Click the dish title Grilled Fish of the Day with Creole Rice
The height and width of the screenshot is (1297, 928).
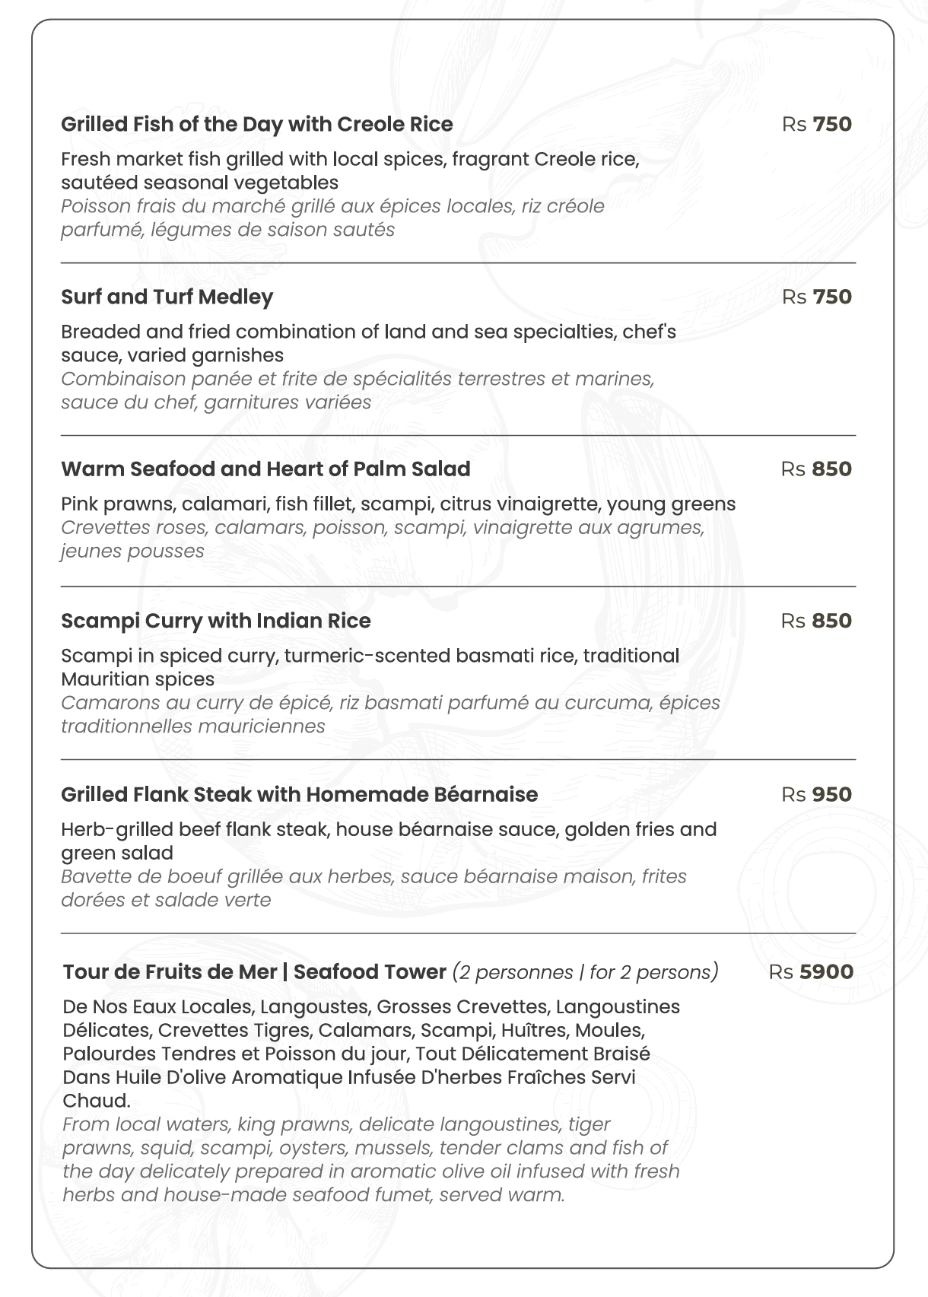click(256, 124)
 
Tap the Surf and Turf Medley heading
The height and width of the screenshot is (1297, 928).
click(167, 297)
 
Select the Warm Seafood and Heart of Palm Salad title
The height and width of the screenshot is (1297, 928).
click(265, 469)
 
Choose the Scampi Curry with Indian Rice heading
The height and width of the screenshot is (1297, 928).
click(215, 621)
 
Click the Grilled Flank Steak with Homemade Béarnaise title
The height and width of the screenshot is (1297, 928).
click(299, 794)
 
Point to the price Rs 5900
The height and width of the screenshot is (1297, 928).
click(810, 971)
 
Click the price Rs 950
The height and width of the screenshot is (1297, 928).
click(816, 794)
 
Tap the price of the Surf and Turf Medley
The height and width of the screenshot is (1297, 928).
click(816, 297)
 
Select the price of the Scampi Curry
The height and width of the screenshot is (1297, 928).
click(816, 621)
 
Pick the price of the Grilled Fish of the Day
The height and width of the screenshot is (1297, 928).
click(816, 124)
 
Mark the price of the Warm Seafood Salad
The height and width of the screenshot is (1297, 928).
click(816, 469)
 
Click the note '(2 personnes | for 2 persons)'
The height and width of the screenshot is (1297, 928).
click(585, 972)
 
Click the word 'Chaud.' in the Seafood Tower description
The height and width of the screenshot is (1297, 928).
click(97, 1101)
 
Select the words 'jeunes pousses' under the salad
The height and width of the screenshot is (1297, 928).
click(132, 551)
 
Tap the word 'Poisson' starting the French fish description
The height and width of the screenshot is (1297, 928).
click(95, 206)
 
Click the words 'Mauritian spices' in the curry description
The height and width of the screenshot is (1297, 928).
click(138, 679)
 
